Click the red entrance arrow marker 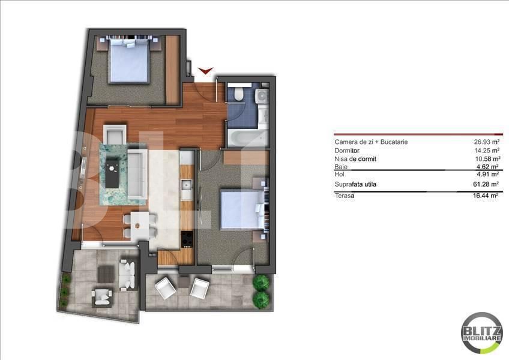pos(205,70)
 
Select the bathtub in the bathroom pos(248,137)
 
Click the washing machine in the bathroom pos(262,96)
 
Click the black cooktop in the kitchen pos(187,239)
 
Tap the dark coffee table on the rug pos(112,172)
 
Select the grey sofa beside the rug pos(138,174)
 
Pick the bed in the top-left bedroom pos(129,60)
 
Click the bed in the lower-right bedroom pos(244,209)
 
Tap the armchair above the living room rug pos(115,134)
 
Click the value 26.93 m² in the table pos(486,142)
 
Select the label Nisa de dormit pos(355,159)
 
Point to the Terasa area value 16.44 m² pos(486,196)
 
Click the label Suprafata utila pos(355,184)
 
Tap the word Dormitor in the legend pos(347,151)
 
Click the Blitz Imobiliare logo pos(481,333)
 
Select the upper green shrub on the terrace pos(261,283)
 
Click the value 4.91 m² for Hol pos(488,175)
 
